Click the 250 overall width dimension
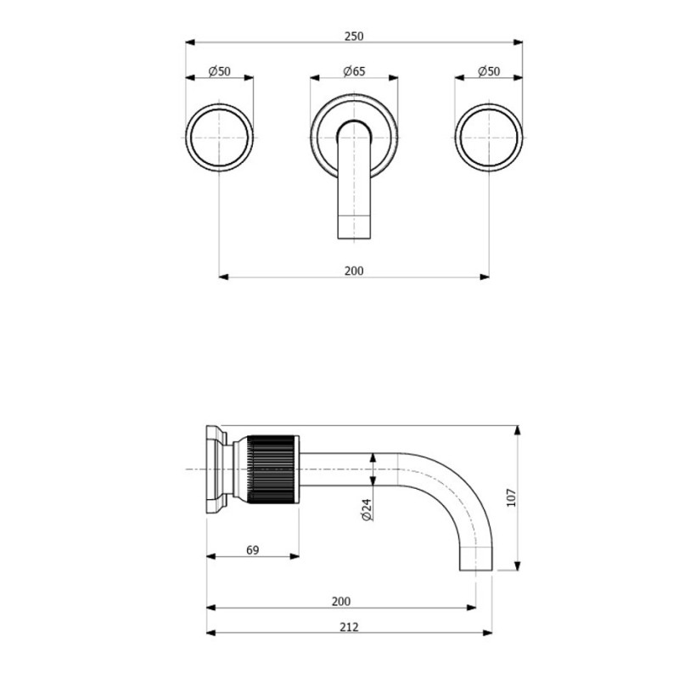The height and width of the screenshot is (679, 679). click(x=354, y=36)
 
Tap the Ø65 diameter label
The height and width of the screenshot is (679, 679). click(x=354, y=72)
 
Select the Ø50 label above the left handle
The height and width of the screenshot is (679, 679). click(x=220, y=72)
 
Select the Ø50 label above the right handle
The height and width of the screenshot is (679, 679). click(x=490, y=72)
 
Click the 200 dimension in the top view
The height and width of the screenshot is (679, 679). click(x=354, y=271)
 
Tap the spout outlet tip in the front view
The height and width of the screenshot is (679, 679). click(x=354, y=227)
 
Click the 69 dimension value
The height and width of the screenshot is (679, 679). click(x=252, y=551)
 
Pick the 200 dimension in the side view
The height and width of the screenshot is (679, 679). click(x=340, y=601)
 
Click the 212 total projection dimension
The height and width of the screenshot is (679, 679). click(x=346, y=627)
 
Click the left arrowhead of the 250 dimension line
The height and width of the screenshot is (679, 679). click(x=188, y=42)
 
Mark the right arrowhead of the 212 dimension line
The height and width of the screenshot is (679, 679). click(x=488, y=633)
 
